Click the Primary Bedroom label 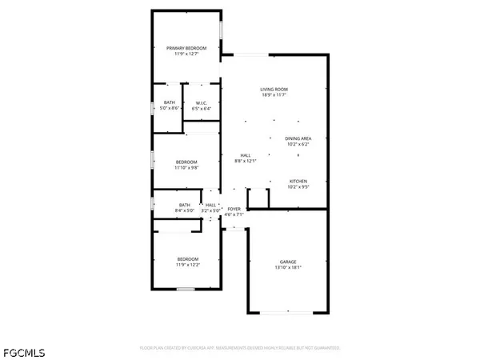pos(186,49)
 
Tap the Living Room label pos(274,89)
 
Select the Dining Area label pos(298,138)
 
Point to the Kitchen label pos(298,181)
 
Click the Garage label pos(288,262)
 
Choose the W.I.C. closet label pos(196,102)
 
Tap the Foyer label pos(234,209)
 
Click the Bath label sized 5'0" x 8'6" pos(170,102)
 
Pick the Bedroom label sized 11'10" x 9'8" pos(186,162)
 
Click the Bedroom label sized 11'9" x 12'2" pos(187,259)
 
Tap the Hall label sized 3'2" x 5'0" pos(211,205)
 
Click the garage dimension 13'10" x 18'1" pos(288,268)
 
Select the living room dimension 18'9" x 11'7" pos(274,95)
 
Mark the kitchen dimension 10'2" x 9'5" pos(298,187)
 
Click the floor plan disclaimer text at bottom pos(240,349)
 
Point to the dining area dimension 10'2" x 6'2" pos(298,145)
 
